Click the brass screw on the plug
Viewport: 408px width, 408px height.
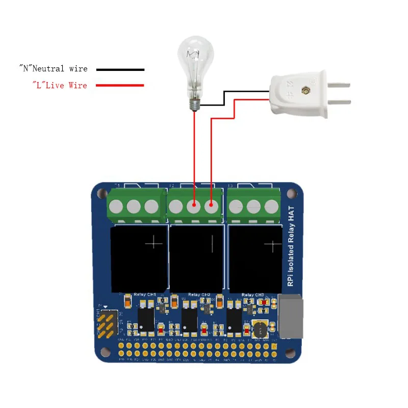click(x=306, y=90)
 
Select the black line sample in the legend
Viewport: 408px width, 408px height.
click(x=120, y=69)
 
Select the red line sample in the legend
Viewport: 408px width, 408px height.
click(x=120, y=85)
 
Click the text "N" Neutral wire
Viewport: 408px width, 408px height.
click(x=53, y=69)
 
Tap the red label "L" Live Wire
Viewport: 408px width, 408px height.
click(x=60, y=85)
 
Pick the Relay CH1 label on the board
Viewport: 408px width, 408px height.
click(x=144, y=295)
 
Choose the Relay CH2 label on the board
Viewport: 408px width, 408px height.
click(x=199, y=295)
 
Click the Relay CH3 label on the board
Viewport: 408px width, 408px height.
click(x=253, y=295)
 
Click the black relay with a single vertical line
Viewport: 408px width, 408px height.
click(x=196, y=258)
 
